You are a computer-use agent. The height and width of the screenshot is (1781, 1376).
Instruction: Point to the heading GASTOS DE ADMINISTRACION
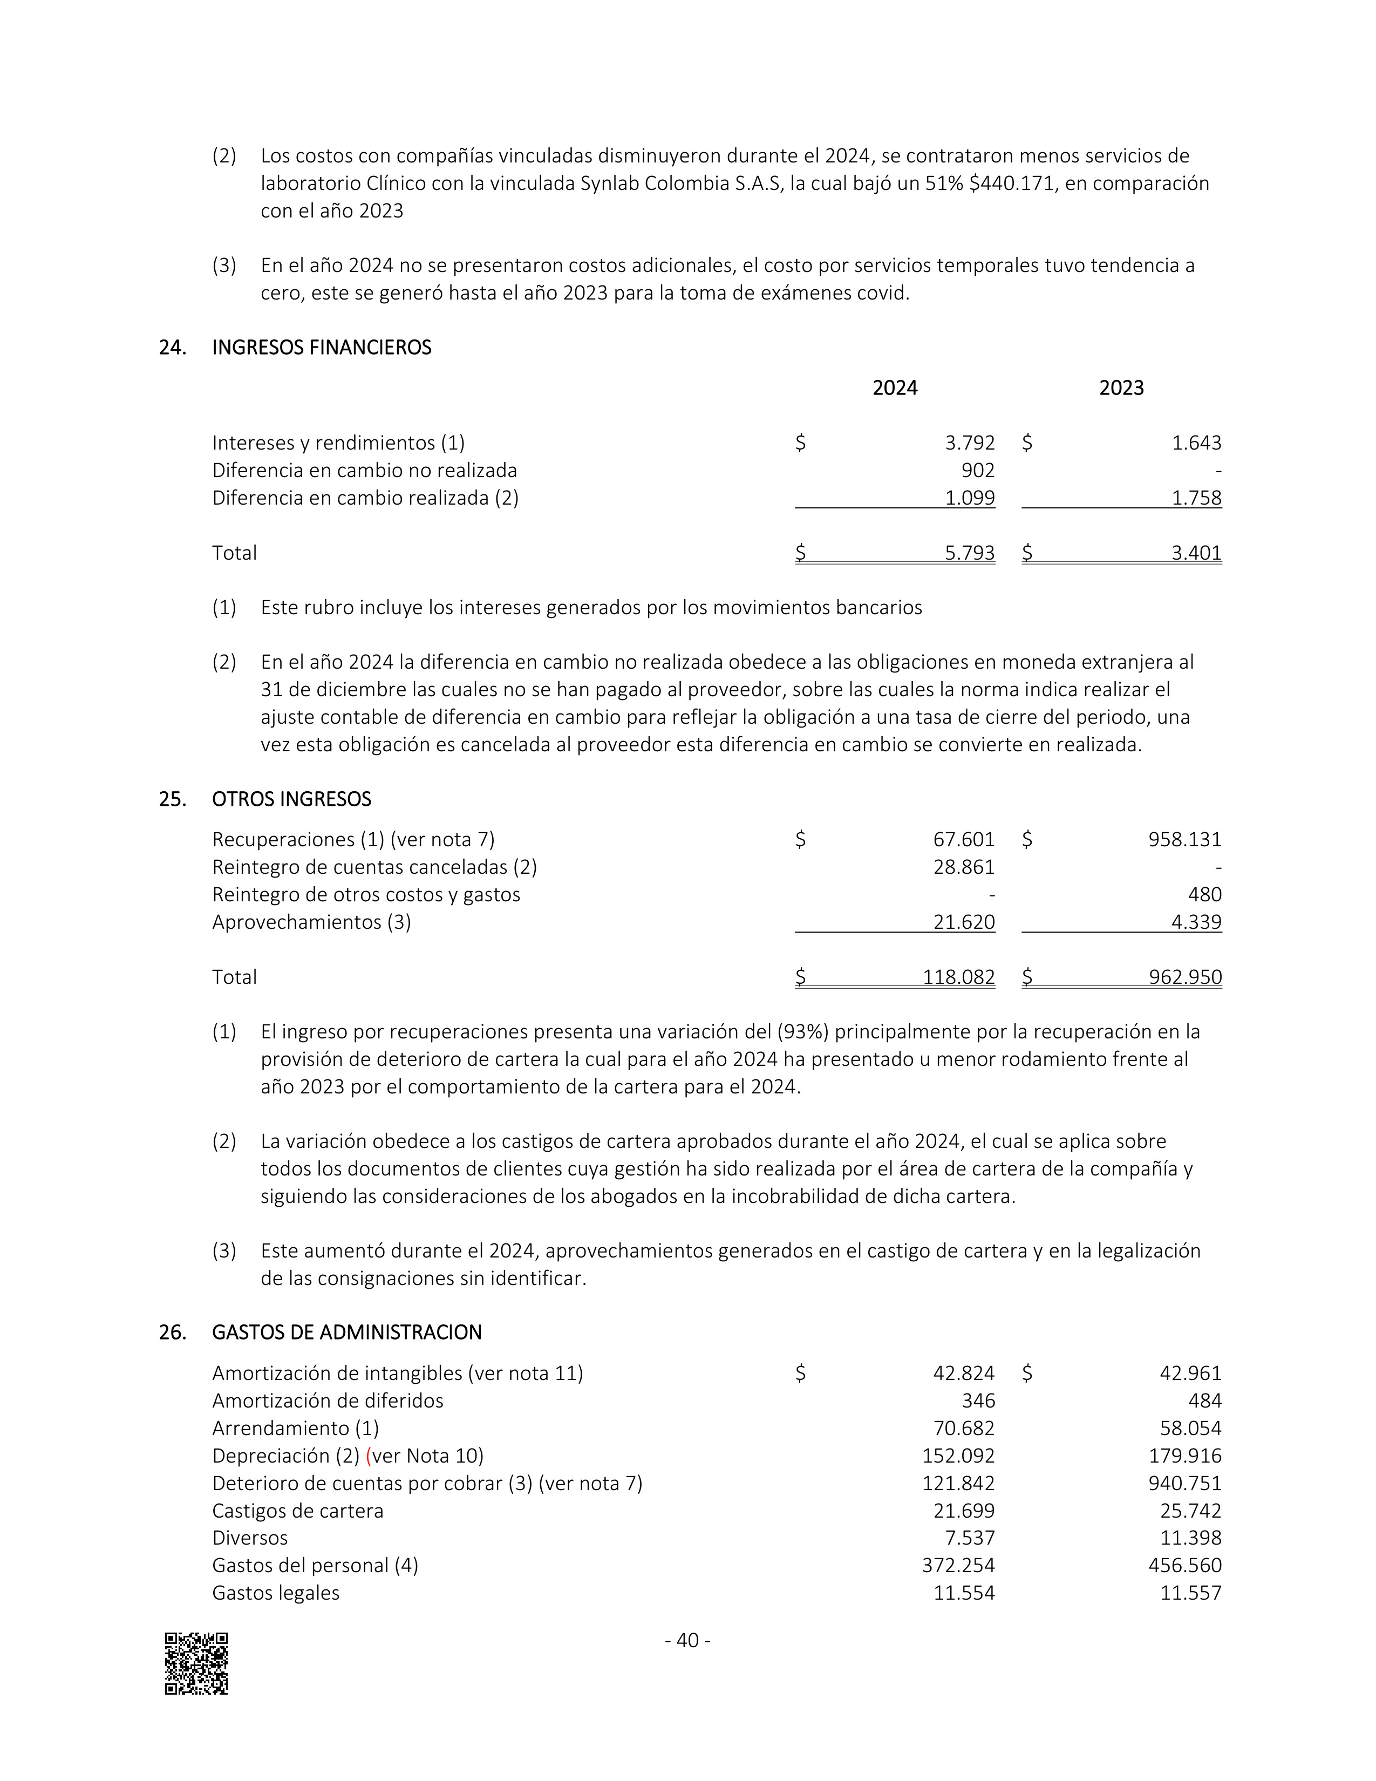coord(346,1333)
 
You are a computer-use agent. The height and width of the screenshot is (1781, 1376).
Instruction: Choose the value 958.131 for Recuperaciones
coord(1184,839)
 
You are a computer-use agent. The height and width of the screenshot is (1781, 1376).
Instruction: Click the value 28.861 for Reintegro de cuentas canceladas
coord(964,867)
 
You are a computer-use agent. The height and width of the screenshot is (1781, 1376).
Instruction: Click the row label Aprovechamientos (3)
coord(311,922)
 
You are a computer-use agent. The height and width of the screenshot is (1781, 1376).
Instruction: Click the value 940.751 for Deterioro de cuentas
coord(1184,1483)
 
